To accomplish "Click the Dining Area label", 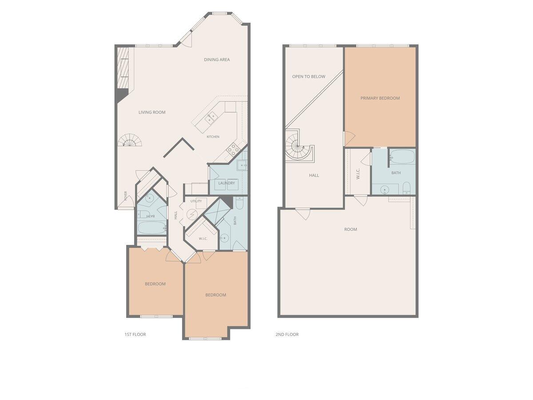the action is tap(217, 60).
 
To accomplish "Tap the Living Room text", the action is tap(152, 112).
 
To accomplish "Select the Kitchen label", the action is tap(213, 137).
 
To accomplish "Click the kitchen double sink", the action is tap(211, 118).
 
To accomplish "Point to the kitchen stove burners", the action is tap(232, 149).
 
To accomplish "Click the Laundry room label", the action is tap(227, 183).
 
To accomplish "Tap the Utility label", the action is tap(196, 201).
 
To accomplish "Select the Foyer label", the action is tap(126, 196).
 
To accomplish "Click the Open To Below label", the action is tap(308, 76).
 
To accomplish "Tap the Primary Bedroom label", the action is tap(380, 98).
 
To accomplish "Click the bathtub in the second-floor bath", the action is tap(402, 156).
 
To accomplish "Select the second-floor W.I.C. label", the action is tap(358, 174).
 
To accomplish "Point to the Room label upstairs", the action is tap(350, 229).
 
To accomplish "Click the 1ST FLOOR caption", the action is tap(135, 334).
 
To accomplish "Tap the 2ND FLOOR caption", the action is tap(287, 334).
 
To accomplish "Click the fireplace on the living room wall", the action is tap(123, 73).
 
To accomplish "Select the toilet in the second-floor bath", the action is tap(406, 188).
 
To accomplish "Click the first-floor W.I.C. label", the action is tap(203, 239).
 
